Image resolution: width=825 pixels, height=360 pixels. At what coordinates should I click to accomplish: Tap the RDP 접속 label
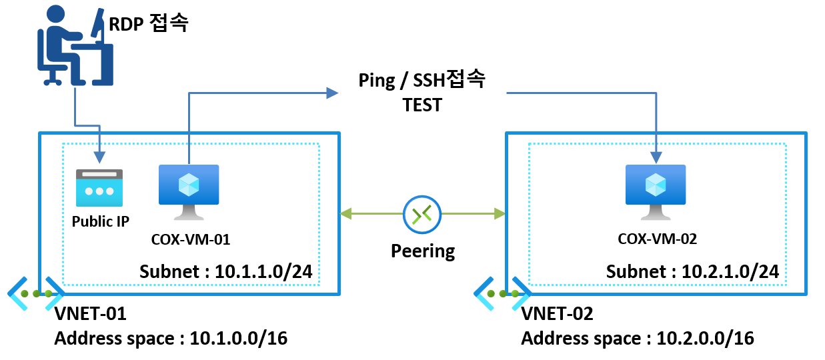click(149, 25)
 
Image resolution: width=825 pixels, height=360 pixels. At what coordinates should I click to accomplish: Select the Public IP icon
click(100, 187)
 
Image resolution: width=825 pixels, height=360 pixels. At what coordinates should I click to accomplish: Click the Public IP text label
click(101, 221)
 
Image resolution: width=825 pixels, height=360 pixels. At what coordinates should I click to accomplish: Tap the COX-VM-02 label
click(658, 238)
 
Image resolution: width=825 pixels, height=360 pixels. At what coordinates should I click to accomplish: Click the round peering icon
click(423, 214)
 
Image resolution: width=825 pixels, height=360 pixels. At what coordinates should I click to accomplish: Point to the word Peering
click(423, 251)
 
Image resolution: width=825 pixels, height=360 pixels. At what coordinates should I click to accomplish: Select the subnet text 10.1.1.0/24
click(226, 272)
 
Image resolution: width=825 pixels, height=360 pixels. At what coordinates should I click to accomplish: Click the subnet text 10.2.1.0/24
click(693, 272)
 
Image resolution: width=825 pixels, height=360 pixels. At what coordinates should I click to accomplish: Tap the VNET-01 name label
click(90, 313)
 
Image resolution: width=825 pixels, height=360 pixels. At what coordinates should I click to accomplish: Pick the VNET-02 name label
click(557, 313)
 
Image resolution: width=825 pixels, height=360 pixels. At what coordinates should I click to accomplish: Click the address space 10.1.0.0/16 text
click(171, 339)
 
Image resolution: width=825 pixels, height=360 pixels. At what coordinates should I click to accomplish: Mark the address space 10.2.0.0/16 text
click(638, 339)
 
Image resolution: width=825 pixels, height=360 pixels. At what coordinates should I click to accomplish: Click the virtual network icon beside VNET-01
click(36, 293)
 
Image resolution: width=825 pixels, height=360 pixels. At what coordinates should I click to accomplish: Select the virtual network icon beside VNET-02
click(502, 293)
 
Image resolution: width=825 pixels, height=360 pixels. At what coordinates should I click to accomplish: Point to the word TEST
click(422, 105)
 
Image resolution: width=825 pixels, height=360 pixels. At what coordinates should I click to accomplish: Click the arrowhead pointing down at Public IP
click(99, 157)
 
